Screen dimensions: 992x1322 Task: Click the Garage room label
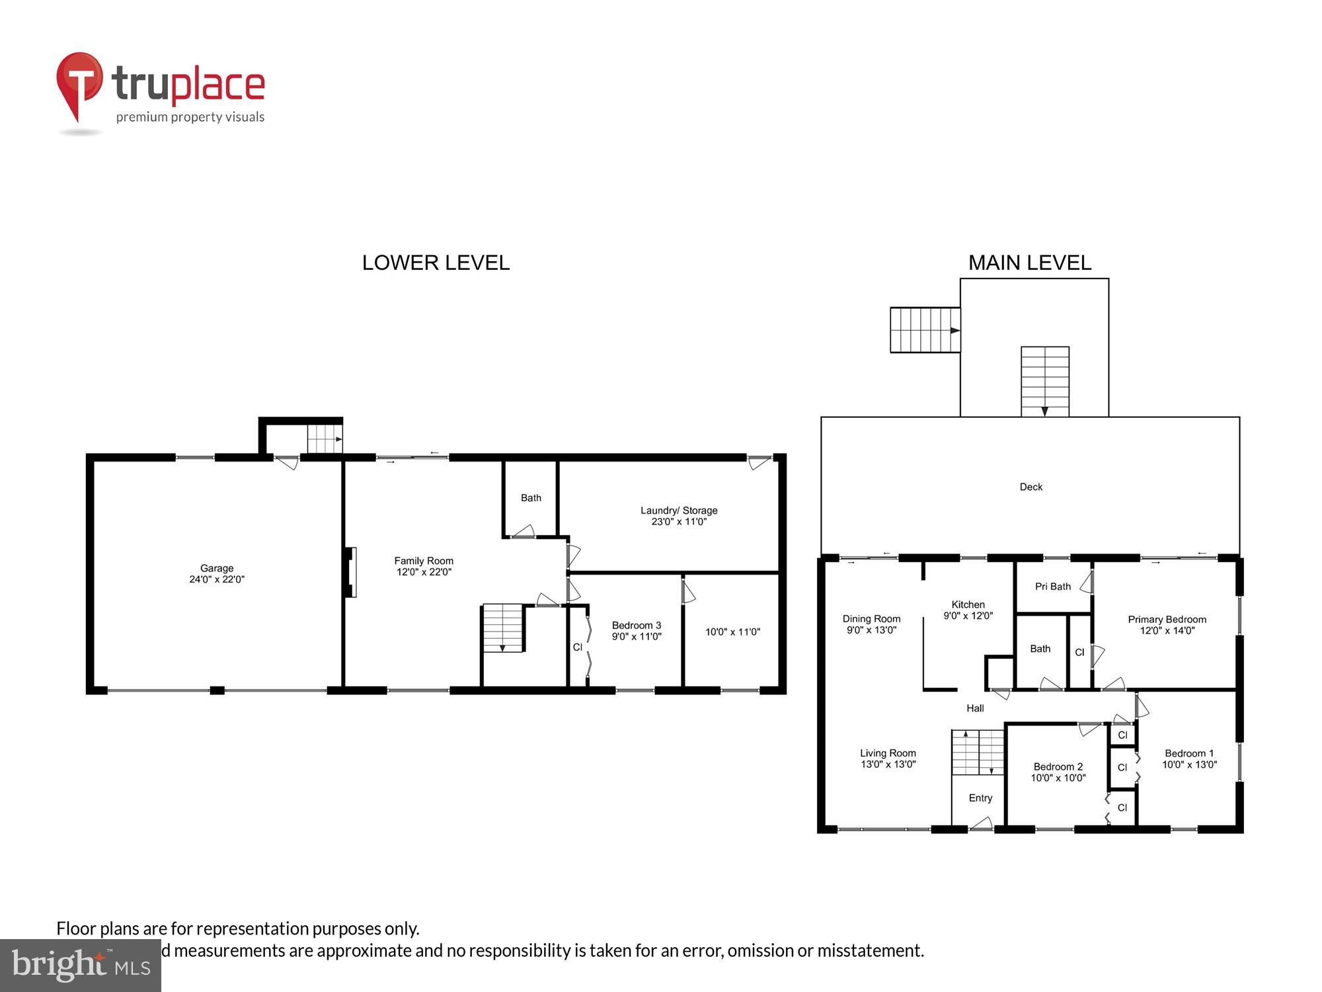217,568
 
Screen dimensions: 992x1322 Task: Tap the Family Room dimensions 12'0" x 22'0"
424,572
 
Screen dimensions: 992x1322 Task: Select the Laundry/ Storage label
679,511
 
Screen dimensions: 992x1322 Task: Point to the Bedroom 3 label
636,626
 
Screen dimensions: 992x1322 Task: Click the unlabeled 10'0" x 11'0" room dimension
732,632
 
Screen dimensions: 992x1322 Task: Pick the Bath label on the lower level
531,498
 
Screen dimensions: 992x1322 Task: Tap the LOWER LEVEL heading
436,263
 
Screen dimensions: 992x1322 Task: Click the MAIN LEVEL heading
1029,263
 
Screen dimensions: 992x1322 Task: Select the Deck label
1030,487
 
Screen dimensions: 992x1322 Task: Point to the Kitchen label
968,604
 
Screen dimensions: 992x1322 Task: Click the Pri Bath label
1052,587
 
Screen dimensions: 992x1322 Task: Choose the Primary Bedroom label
1167,620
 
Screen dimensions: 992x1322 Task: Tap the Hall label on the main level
975,708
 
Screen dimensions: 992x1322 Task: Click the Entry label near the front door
980,798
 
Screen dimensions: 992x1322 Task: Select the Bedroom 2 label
1058,766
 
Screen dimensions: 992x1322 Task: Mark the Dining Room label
871,619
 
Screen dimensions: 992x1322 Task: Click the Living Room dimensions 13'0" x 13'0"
888,765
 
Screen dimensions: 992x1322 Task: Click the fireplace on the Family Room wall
350,572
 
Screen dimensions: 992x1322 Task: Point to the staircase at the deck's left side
924,329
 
